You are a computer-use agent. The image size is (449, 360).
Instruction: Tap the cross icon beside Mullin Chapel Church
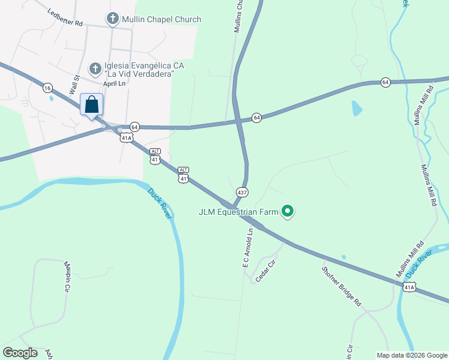(112, 19)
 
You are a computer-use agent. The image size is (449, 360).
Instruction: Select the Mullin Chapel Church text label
(161, 19)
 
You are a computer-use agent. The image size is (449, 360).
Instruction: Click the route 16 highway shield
(47, 88)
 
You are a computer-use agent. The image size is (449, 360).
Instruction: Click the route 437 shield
(242, 193)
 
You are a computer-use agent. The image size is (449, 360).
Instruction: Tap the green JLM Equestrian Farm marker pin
(288, 211)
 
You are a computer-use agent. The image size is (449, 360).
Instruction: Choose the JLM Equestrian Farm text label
(240, 211)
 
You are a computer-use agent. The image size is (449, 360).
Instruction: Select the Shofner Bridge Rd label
(341, 285)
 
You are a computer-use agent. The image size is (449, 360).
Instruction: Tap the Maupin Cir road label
(66, 276)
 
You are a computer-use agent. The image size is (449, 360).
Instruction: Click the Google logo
(20, 353)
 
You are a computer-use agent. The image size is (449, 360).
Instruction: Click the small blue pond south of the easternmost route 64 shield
(357, 108)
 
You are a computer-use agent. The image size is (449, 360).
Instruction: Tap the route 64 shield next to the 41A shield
(134, 127)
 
